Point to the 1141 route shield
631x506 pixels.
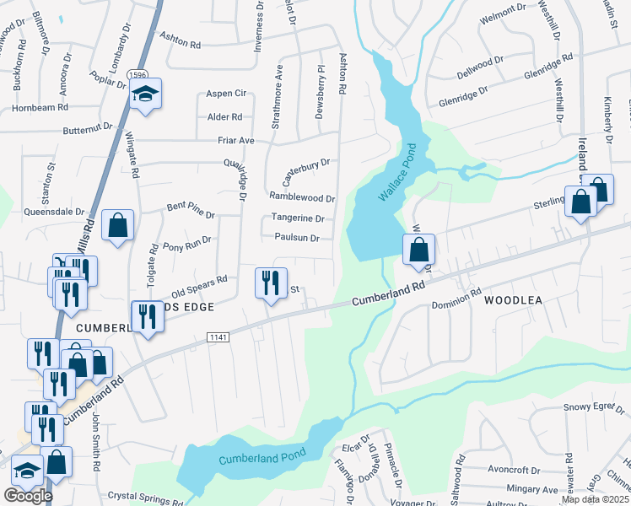pyautogui.click(x=217, y=336)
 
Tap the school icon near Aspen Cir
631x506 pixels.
pyautogui.click(x=146, y=95)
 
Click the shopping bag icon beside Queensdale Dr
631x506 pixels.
pyautogui.click(x=118, y=226)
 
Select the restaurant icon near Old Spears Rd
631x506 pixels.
pyautogui.click(x=271, y=283)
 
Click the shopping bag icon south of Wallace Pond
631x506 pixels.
pyautogui.click(x=418, y=250)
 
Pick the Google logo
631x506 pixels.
pyautogui.click(x=28, y=496)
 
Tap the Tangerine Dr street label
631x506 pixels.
pyautogui.click(x=298, y=218)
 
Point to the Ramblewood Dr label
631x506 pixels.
pyautogui.click(x=302, y=198)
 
